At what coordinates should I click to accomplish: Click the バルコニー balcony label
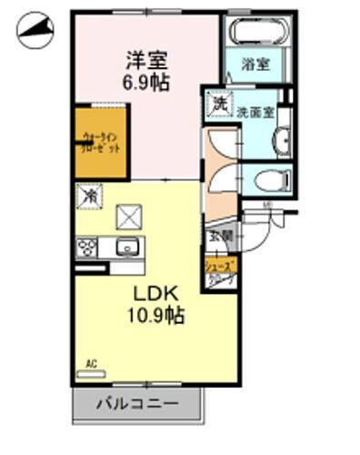point(138,402)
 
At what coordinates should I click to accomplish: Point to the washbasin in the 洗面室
point(281,141)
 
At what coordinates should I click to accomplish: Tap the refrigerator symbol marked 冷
point(90,195)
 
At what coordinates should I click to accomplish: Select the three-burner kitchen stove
point(88,248)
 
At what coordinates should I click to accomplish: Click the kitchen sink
point(125,246)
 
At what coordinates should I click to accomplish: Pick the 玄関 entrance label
point(221,236)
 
